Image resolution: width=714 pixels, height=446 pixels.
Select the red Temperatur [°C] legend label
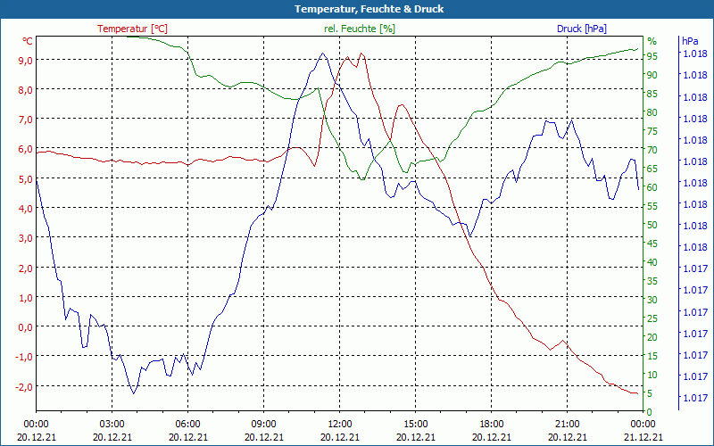pyautogui.click(x=133, y=29)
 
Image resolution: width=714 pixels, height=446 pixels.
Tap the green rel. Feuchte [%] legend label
pyautogui.click(x=359, y=29)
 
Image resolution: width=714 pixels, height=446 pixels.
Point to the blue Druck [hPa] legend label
pyautogui.click(x=581, y=29)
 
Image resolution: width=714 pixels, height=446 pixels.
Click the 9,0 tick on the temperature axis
pyautogui.click(x=25, y=60)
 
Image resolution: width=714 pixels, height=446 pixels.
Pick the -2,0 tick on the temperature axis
pyautogui.click(x=23, y=386)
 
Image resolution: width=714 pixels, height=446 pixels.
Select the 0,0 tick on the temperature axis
pyautogui.click(x=25, y=327)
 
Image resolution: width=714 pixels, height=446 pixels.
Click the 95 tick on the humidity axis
pyautogui.click(x=652, y=56)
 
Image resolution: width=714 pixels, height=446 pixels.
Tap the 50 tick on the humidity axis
pyautogui.click(x=652, y=225)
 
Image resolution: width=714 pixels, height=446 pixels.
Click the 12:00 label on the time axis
pyautogui.click(x=340, y=424)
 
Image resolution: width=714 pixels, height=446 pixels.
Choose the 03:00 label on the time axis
pyautogui.click(x=112, y=424)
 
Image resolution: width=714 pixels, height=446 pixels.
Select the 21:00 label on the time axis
pyautogui.click(x=568, y=424)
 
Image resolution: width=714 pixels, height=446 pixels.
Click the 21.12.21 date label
pyautogui.click(x=643, y=437)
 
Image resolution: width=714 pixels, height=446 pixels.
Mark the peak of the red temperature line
pyautogui.click(x=361, y=54)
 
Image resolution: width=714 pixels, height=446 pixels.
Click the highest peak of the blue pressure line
pyautogui.click(x=322, y=54)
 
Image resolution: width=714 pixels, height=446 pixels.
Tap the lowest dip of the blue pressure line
pyautogui.click(x=134, y=392)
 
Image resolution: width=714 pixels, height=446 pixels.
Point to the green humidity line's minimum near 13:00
pyautogui.click(x=362, y=179)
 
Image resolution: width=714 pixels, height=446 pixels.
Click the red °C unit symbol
pyautogui.click(x=28, y=41)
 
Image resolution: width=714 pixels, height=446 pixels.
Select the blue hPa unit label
pyautogui.click(x=690, y=41)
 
